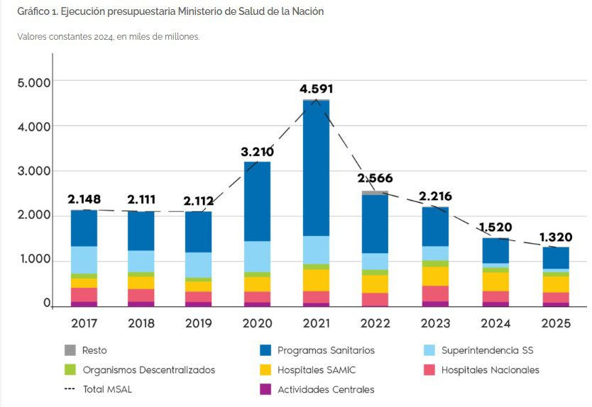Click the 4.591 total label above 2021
tap(316, 89)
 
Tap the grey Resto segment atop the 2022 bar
tap(375, 193)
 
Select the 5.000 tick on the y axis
tap(34, 82)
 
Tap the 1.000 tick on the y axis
tap(34, 260)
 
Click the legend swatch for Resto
tap(70, 350)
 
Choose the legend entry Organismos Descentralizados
tap(148, 369)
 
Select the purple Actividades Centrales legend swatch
tap(265, 389)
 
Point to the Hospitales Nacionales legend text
tap(490, 369)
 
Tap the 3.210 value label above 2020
tap(257, 152)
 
